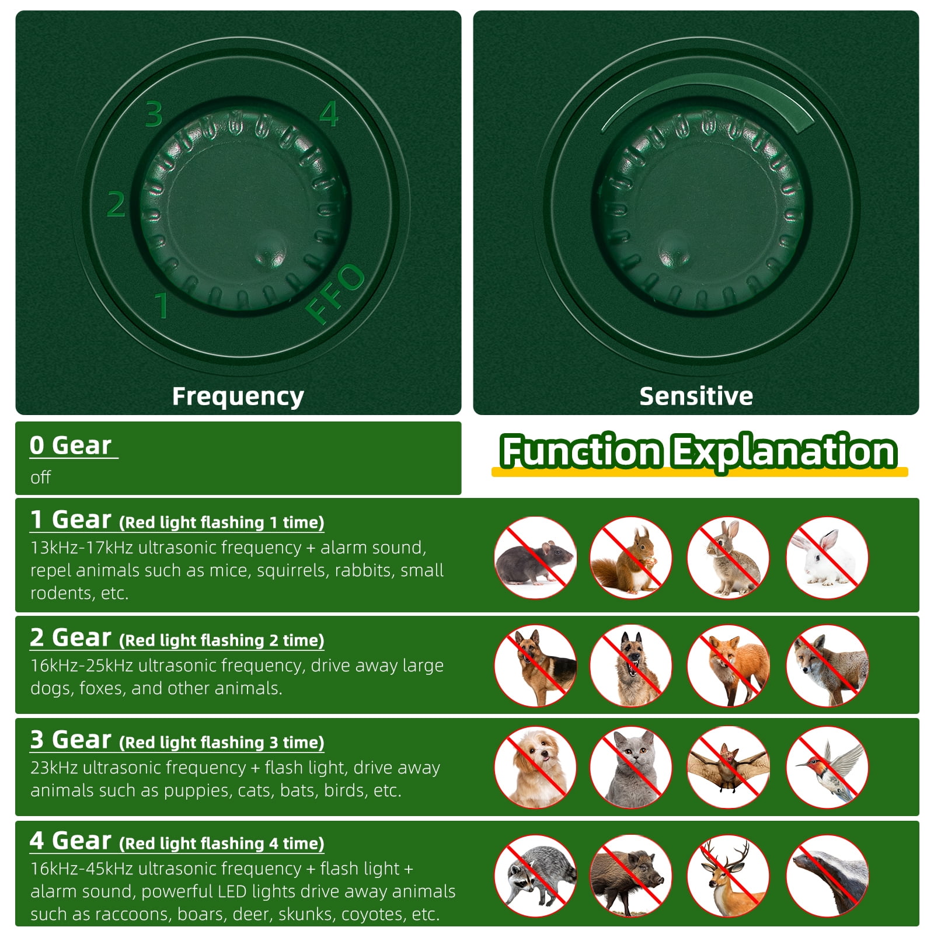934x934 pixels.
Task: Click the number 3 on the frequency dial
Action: pos(154,114)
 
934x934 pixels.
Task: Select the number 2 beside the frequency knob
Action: pos(116,204)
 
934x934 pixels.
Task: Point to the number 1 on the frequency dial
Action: pos(162,305)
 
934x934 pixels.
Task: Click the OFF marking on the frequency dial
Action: pos(335,294)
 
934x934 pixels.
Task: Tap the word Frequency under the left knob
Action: pos(238,396)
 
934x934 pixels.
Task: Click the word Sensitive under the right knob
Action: pos(696,396)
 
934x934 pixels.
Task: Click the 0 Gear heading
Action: pos(71,445)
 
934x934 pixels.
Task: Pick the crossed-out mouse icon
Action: pos(535,557)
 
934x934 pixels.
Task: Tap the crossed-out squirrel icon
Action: pos(630,557)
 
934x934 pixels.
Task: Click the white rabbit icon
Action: pos(827,557)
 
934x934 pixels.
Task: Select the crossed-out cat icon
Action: pos(630,767)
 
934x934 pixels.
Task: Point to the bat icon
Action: pos(728,767)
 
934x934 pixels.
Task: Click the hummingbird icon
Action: pos(827,767)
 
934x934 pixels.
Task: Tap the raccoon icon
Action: pos(535,876)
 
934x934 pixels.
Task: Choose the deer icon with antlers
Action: pos(728,876)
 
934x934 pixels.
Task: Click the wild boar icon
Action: pos(630,876)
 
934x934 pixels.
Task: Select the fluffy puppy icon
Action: pos(535,767)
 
